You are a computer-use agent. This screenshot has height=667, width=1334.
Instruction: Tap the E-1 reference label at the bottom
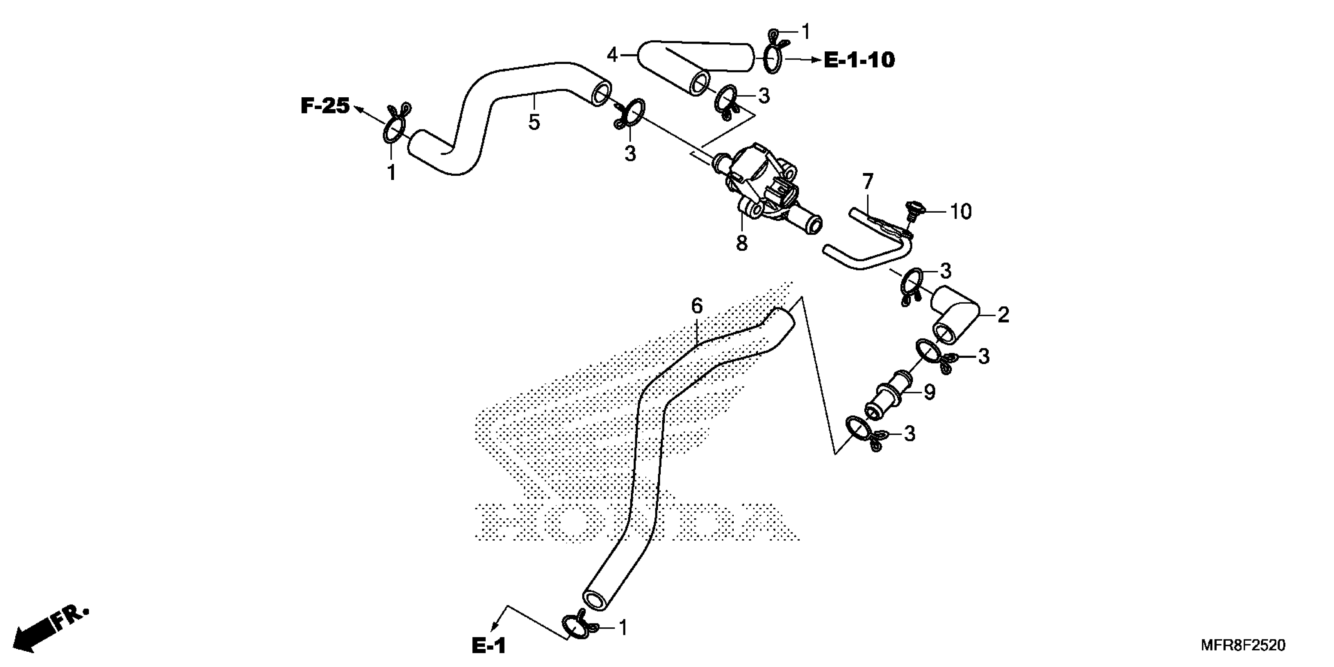click(488, 646)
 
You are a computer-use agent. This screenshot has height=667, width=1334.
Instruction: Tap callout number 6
click(697, 306)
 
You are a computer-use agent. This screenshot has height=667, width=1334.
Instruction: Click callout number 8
click(742, 242)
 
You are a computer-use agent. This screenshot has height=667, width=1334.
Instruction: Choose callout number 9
click(929, 392)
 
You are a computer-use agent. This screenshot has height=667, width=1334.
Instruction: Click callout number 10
click(960, 211)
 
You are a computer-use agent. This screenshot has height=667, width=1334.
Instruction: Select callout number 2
click(1003, 314)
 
